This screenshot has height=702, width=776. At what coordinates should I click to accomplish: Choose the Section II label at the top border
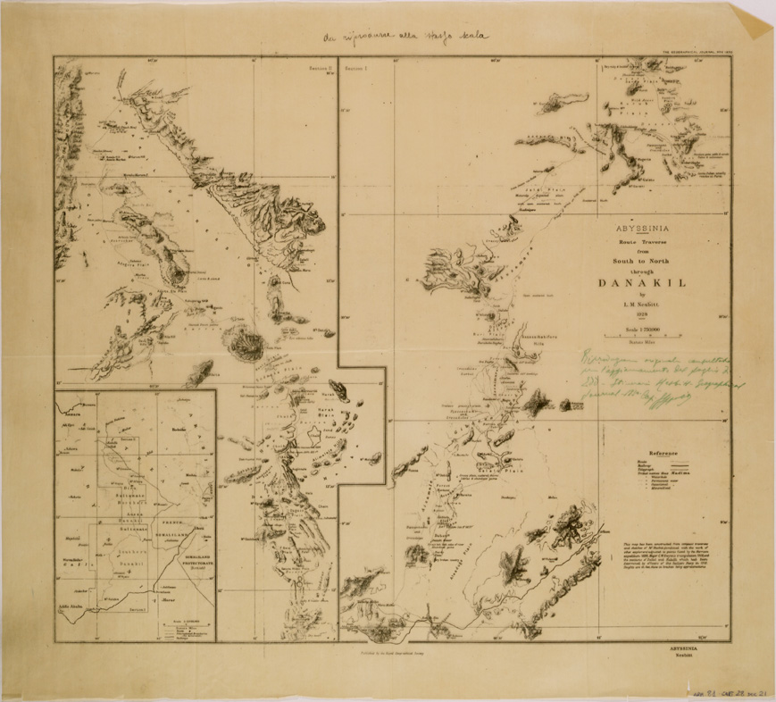point(321,67)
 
